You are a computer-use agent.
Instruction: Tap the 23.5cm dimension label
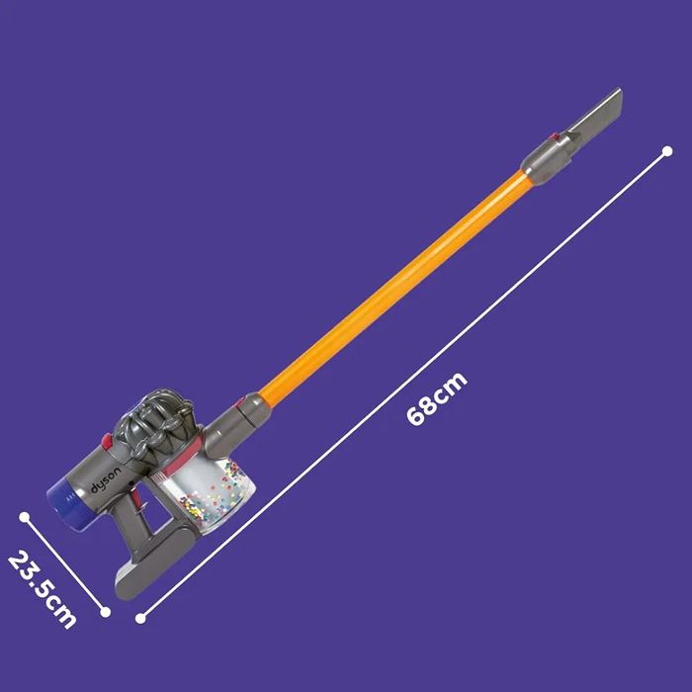pyautogui.click(x=42, y=588)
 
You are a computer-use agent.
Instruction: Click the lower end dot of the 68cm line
pyautogui.click(x=140, y=619)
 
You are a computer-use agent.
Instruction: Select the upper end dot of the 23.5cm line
pyautogui.click(x=24, y=515)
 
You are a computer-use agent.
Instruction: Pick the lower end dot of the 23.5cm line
pyautogui.click(x=106, y=612)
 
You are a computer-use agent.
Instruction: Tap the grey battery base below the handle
pyautogui.click(x=163, y=559)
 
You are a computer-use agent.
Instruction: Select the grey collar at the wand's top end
pyautogui.click(x=544, y=155)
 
